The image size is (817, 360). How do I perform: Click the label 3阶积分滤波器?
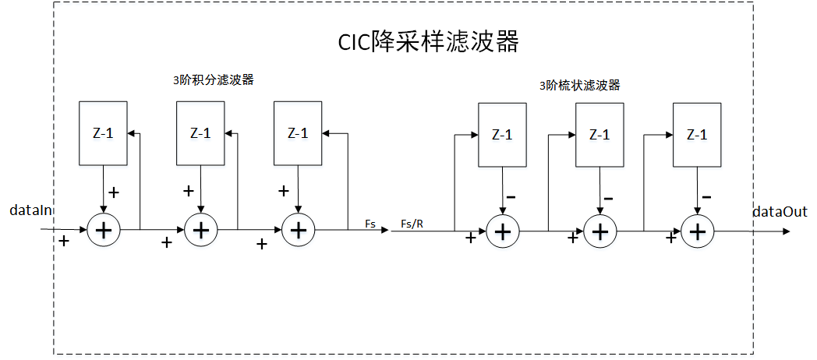214,79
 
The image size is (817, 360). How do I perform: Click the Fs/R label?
412,224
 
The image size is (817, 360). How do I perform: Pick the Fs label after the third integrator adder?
370,224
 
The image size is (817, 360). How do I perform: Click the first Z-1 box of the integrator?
104,132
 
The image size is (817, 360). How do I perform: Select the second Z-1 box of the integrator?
201,132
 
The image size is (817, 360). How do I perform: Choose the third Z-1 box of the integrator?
298,132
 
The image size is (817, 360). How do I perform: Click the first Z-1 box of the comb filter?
503,134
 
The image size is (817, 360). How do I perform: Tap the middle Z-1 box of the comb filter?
599,134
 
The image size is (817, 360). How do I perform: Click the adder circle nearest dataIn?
103,230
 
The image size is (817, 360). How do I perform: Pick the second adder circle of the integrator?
201,230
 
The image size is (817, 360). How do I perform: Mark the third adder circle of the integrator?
297,230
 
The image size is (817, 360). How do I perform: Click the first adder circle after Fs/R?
503,231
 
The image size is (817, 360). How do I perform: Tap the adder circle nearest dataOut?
698,231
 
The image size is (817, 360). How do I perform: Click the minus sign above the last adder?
706,196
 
